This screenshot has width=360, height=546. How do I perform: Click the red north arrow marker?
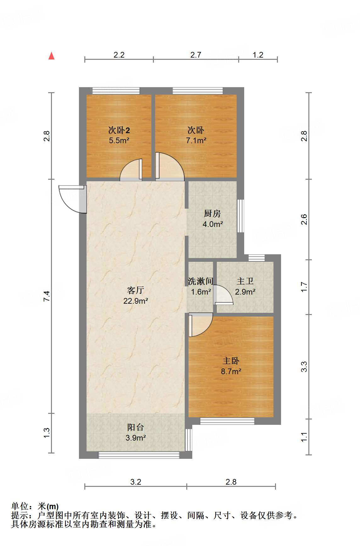click(x=52, y=56)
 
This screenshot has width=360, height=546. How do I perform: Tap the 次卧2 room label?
click(x=119, y=130)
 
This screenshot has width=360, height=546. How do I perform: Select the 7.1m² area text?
click(x=196, y=140)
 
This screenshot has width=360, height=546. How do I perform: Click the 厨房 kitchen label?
click(x=212, y=214)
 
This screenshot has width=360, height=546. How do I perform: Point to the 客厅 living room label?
click(x=136, y=290)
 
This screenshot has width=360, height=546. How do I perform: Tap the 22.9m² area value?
click(x=136, y=301)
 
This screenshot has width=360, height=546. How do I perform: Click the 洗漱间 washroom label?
click(x=200, y=281)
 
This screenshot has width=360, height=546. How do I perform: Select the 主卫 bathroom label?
click(x=245, y=281)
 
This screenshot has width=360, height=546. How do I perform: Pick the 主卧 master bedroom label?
click(x=231, y=361)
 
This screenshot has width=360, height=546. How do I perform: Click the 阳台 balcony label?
click(x=136, y=427)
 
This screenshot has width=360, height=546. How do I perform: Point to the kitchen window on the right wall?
click(x=240, y=216)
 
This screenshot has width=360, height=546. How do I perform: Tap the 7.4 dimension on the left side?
click(x=47, y=296)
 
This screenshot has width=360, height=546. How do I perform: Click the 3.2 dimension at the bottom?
click(x=136, y=482)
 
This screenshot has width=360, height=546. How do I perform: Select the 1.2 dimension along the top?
click(x=258, y=55)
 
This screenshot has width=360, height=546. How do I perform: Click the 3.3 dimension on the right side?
click(x=304, y=367)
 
